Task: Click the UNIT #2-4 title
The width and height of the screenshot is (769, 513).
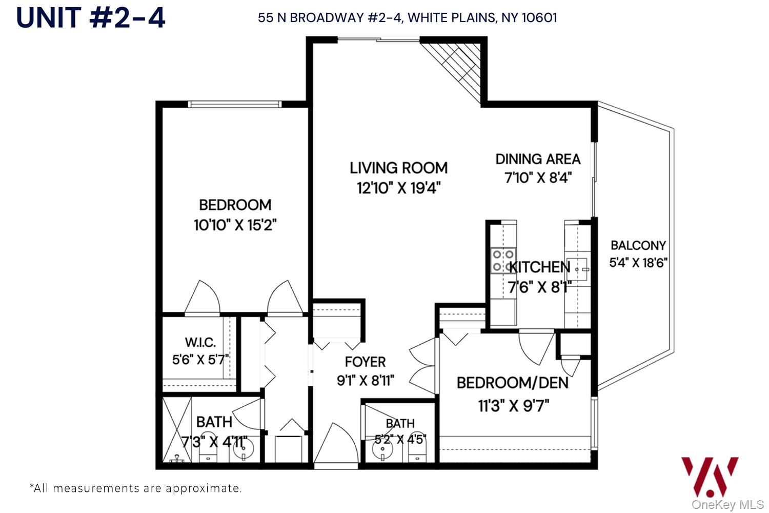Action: pyautogui.click(x=91, y=17)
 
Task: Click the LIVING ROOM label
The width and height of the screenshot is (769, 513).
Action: pyautogui.click(x=398, y=168)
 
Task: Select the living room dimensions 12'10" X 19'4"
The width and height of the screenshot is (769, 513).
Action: pyautogui.click(x=398, y=188)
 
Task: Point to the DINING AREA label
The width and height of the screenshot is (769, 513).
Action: pyautogui.click(x=538, y=159)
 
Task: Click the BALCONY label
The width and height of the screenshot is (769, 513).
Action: pyautogui.click(x=638, y=245)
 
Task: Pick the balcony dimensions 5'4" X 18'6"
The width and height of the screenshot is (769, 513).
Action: pyautogui.click(x=638, y=263)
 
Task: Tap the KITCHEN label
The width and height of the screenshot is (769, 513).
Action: pyautogui.click(x=539, y=267)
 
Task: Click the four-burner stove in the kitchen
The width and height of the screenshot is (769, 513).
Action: pyautogui.click(x=503, y=261)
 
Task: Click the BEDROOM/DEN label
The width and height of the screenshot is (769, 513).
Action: pyautogui.click(x=512, y=383)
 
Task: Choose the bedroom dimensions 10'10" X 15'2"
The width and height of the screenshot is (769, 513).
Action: pyautogui.click(x=235, y=225)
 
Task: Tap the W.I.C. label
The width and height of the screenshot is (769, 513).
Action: pyautogui.click(x=200, y=342)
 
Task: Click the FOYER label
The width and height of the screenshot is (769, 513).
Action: pyautogui.click(x=365, y=362)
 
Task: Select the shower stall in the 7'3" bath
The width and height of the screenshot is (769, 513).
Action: pyautogui.click(x=176, y=430)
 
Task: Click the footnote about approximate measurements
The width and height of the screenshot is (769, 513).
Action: pyautogui.click(x=136, y=488)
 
